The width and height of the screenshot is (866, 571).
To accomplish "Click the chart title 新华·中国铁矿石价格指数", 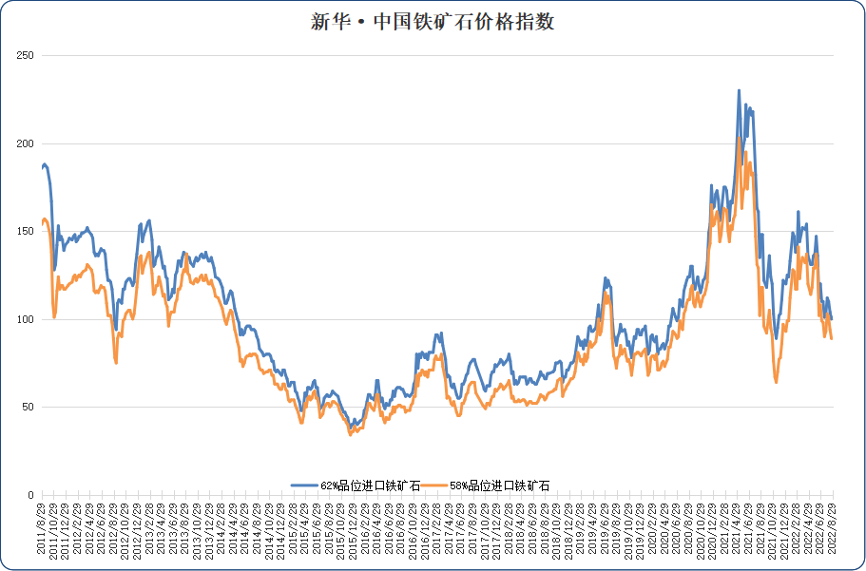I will [433, 22].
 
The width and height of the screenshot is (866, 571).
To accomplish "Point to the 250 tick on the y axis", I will [26, 56].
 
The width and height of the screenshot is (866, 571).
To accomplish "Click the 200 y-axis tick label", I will [26, 143].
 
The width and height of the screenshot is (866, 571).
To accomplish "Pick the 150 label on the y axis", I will [26, 232].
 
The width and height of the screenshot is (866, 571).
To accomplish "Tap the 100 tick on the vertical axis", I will [26, 319].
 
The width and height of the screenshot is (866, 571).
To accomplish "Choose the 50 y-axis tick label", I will [29, 407].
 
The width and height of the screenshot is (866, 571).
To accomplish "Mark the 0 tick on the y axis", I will [31, 495].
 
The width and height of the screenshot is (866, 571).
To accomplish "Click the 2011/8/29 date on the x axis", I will [42, 530].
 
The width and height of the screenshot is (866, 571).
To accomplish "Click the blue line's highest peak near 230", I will [739, 91].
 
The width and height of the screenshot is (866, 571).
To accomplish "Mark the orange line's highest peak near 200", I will [739, 139].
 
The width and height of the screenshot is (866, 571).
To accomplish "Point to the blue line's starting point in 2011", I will [42, 167].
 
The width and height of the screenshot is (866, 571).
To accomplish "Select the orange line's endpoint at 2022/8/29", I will [832, 338].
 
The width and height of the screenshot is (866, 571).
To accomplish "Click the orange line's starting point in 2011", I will [42, 222].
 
